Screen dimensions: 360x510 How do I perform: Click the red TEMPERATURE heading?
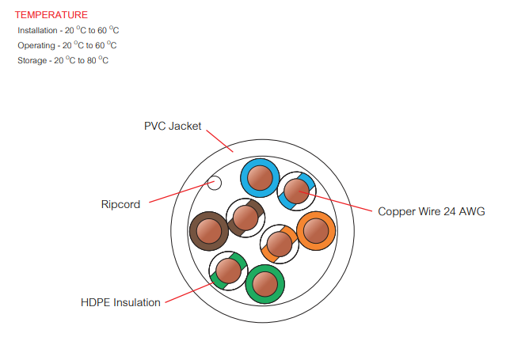pos(51,15)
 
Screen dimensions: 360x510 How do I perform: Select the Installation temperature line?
pos(68,30)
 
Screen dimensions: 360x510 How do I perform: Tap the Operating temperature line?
pos(67,45)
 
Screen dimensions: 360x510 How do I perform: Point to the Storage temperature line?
pos(63,60)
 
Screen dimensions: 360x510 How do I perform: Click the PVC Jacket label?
pos(173,126)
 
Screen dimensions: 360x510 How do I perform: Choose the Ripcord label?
pos(120,204)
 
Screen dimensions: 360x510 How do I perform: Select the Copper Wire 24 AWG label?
pos(431,211)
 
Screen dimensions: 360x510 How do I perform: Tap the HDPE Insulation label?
pos(120,302)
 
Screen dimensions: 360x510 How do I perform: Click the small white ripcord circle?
pos(214,184)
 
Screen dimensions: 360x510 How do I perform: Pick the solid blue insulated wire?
pos(259,178)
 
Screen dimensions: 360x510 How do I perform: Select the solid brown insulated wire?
pos(209,231)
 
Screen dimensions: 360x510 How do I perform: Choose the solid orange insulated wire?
pos(316,231)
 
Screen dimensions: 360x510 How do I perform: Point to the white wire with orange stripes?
pos(279,243)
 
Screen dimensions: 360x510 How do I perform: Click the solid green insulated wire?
pos(265,283)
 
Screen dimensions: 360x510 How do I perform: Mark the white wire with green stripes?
pos(229,271)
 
